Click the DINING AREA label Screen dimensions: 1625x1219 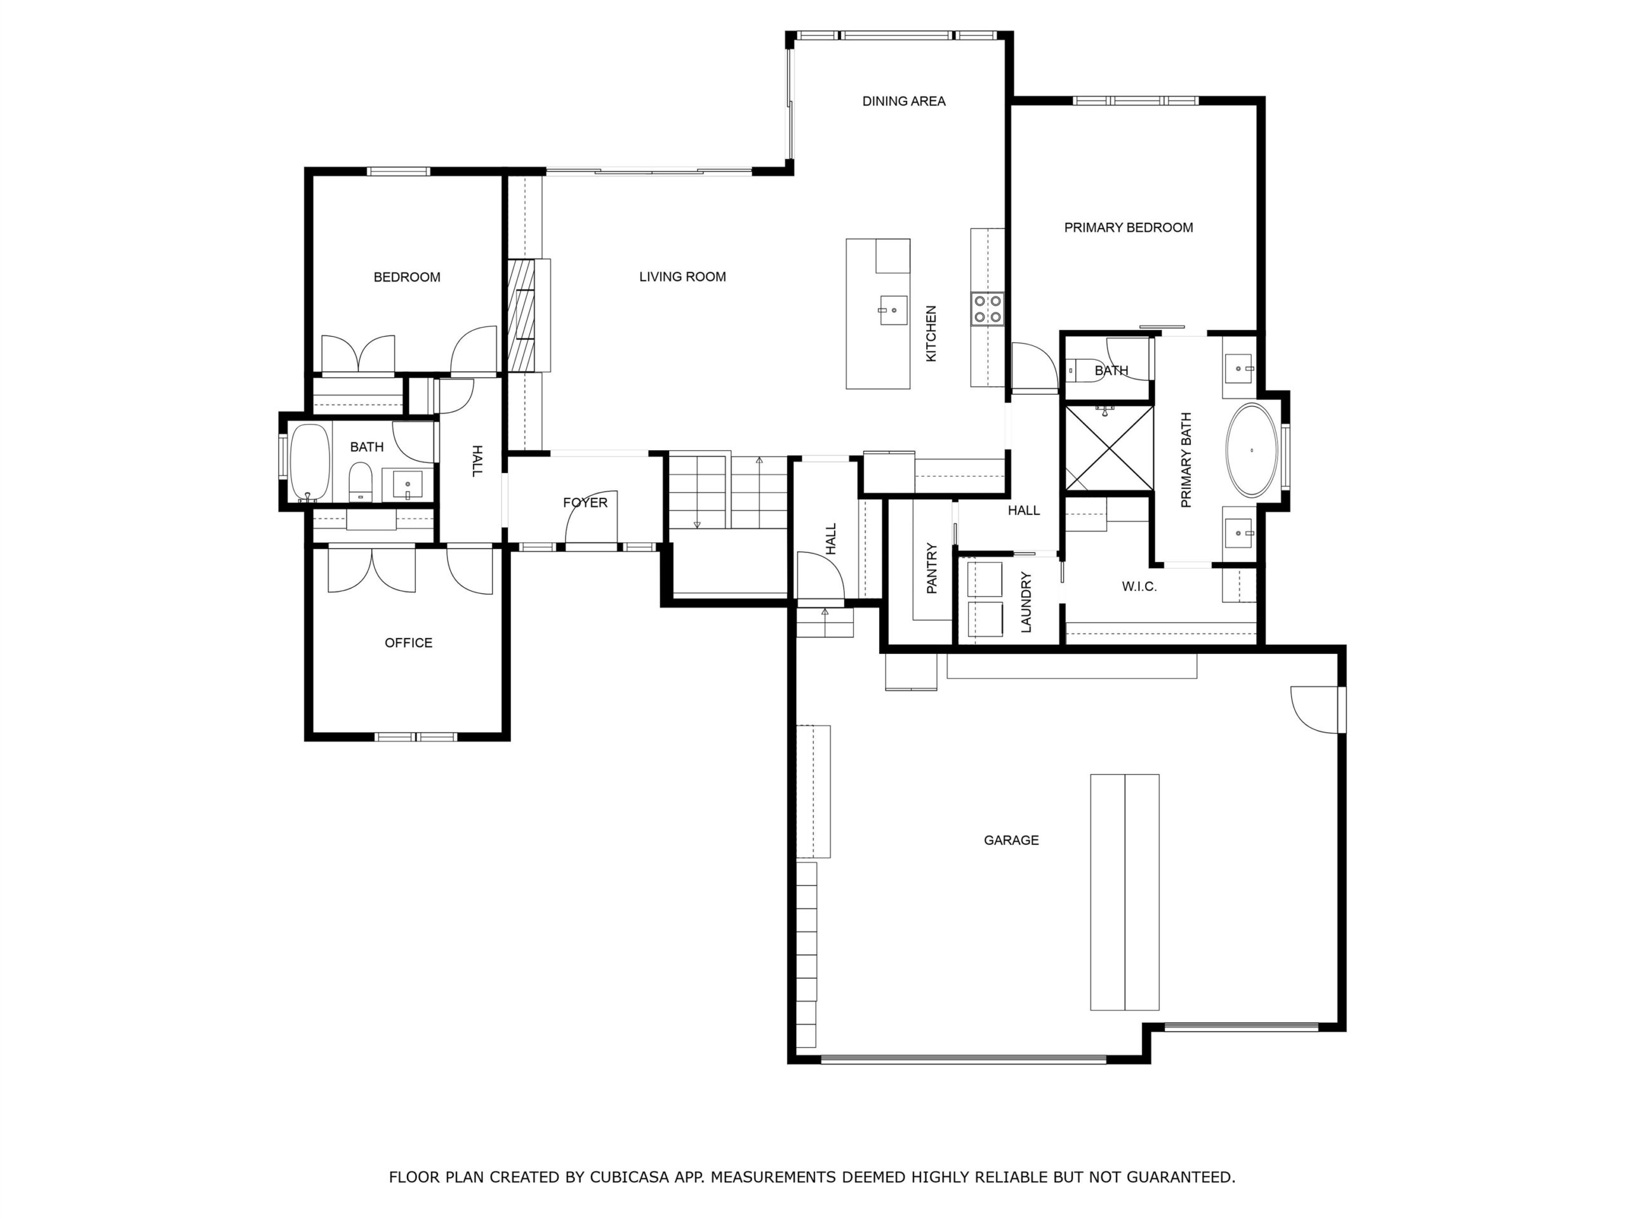pyautogui.click(x=904, y=102)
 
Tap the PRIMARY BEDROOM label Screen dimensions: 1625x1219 pyautogui.click(x=1129, y=228)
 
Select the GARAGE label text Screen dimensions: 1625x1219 pyautogui.click(x=1011, y=840)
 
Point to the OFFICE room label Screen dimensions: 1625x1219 pyautogui.click(x=408, y=643)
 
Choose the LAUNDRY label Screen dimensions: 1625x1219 pyautogui.click(x=1026, y=602)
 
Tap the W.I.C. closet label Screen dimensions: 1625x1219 pyautogui.click(x=1139, y=587)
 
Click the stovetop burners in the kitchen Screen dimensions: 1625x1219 pyautogui.click(x=987, y=309)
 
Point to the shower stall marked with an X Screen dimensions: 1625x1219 pyautogui.click(x=1108, y=448)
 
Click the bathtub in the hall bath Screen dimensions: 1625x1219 pyautogui.click(x=310, y=462)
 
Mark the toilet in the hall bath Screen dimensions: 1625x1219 pyautogui.click(x=361, y=481)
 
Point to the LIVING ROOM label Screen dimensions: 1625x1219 pyautogui.click(x=682, y=277)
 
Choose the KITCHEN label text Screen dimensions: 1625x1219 pyautogui.click(x=931, y=333)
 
